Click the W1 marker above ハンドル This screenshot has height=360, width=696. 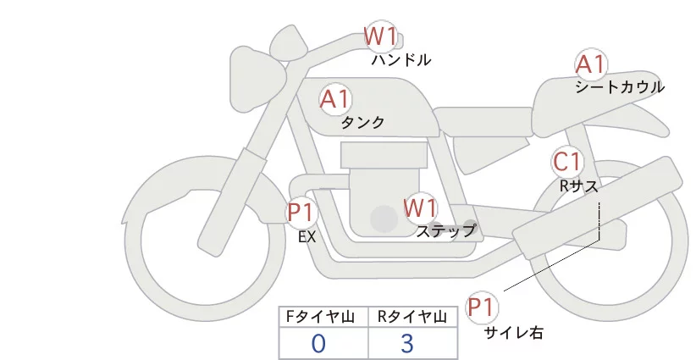tap(380, 37)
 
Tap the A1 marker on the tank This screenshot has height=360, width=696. tap(335, 99)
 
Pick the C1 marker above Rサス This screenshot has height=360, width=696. tap(566, 162)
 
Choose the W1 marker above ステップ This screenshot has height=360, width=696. tap(420, 208)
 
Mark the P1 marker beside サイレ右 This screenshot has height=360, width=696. tap(483, 307)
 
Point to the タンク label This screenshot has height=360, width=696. tap(362, 123)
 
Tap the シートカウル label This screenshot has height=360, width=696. tap(619, 87)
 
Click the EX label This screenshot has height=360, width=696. tap(307, 237)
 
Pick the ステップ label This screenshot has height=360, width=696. tap(445, 230)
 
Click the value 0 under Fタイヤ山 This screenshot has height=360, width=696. tap(318, 343)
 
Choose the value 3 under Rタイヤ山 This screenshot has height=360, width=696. tap(407, 343)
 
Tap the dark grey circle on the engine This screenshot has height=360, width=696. tap(384, 219)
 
